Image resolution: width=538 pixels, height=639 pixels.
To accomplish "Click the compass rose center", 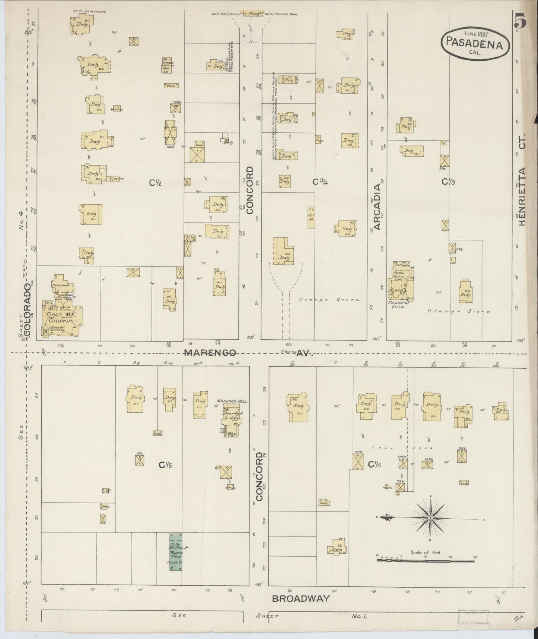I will (x=430, y=518).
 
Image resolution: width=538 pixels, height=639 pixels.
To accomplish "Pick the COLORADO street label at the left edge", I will (x=27, y=308).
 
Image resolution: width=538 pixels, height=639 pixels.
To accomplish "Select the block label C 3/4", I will (x=320, y=182).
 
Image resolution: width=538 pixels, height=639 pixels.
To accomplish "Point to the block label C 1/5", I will (x=166, y=465).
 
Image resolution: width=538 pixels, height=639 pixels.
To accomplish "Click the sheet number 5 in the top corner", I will (x=520, y=22).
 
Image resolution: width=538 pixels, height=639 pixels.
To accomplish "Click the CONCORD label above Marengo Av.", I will (x=249, y=190).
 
